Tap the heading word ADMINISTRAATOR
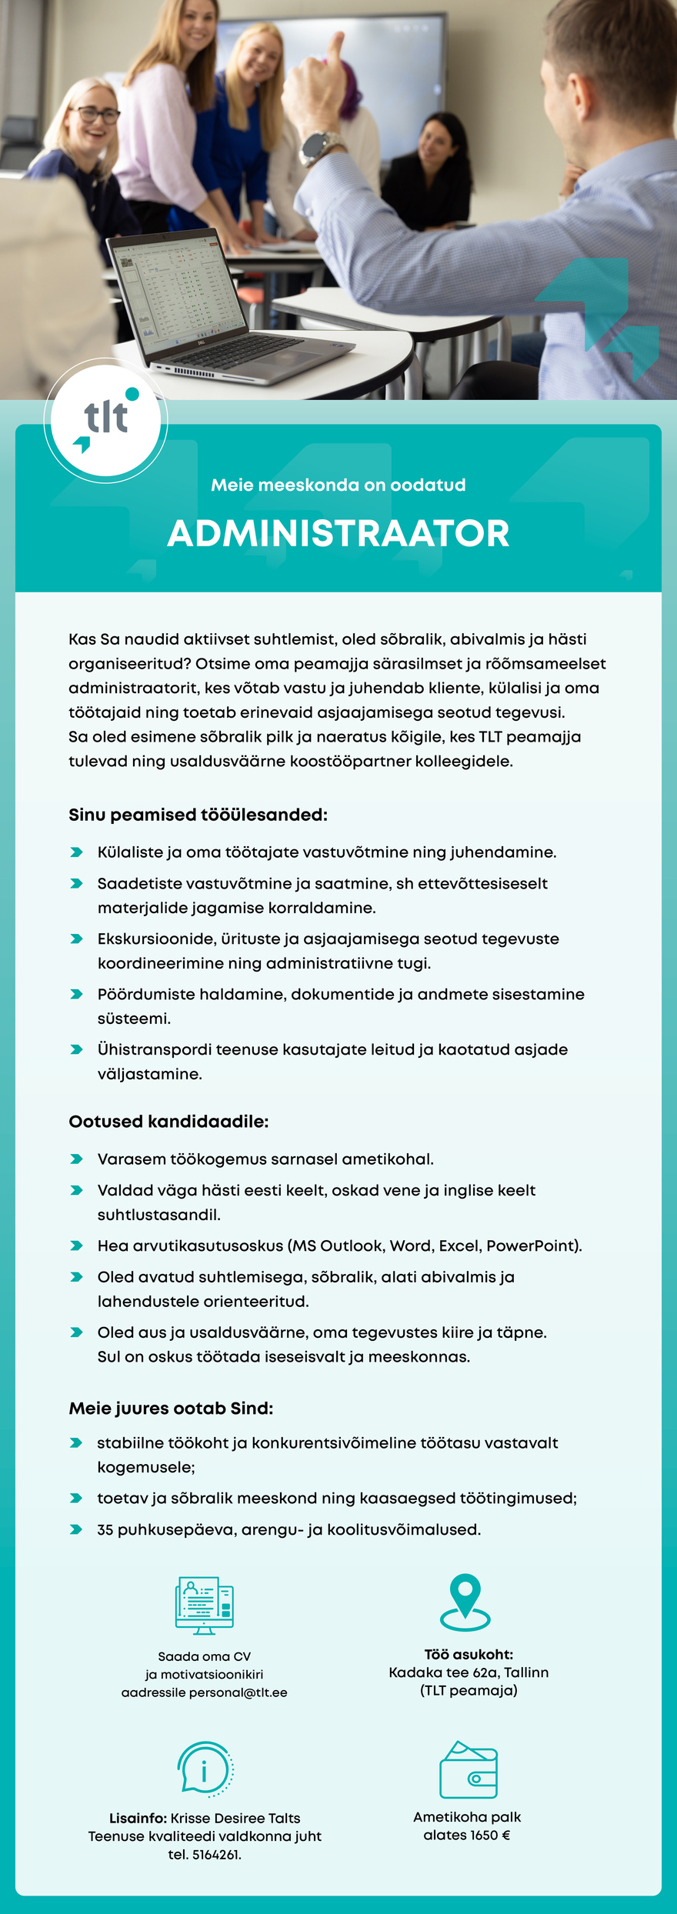click(x=338, y=533)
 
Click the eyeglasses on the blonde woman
click(x=95, y=115)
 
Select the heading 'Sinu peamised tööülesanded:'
click(x=198, y=815)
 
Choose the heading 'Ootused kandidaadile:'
click(x=168, y=1122)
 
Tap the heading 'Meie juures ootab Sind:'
click(x=171, y=1409)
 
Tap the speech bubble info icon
click(x=204, y=1769)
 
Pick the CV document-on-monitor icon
click(x=204, y=1606)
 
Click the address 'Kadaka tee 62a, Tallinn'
click(x=469, y=1672)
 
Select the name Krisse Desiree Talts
click(x=235, y=1818)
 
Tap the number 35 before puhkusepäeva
click(x=105, y=1530)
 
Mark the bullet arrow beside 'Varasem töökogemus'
click(x=76, y=1159)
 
